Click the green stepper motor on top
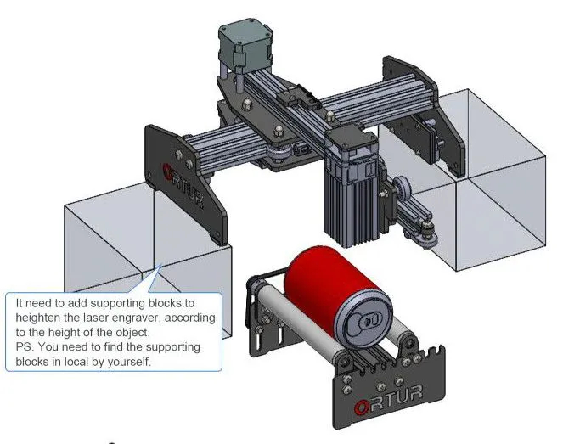tap(245, 48)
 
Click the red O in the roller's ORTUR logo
tap(362, 407)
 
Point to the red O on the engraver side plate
tap(167, 172)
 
